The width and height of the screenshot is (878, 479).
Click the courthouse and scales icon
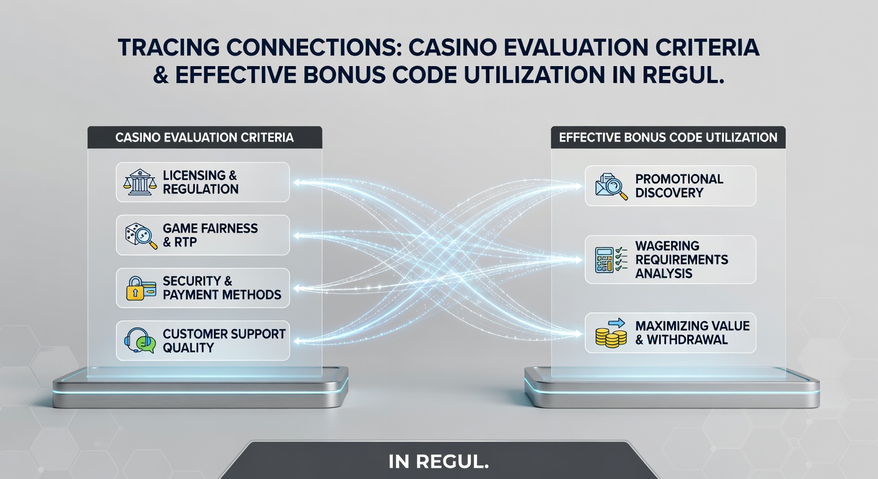(140, 182)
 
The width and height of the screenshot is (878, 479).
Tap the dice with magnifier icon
(141, 236)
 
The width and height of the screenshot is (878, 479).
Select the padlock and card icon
(141, 289)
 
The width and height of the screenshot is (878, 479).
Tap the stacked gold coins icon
(610, 333)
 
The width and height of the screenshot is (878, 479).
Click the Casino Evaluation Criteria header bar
(205, 137)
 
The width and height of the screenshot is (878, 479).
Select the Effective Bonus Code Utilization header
(668, 137)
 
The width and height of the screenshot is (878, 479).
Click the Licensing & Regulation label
(200, 182)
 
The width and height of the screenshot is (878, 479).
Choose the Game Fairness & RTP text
(210, 235)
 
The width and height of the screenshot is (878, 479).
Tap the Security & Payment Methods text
(222, 288)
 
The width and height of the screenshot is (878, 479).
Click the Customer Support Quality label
(224, 341)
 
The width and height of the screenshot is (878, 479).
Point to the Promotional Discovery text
(679, 186)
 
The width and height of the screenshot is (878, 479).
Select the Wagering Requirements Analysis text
(682, 259)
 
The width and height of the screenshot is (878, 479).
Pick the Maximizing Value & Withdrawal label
(692, 333)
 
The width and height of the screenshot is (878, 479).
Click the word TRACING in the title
(168, 47)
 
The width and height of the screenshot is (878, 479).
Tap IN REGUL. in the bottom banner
(438, 462)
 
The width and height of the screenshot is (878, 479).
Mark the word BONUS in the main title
(345, 75)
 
